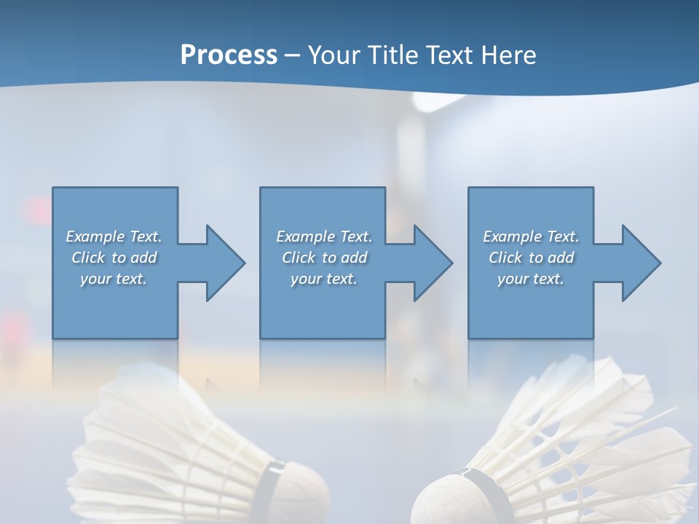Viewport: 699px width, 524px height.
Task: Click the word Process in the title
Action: tap(229, 55)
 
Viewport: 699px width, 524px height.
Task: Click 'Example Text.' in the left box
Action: tap(114, 237)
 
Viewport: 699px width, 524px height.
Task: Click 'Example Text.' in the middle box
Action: tap(324, 237)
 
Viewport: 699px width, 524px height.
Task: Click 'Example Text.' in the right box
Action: tap(531, 237)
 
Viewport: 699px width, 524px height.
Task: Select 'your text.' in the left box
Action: tap(114, 279)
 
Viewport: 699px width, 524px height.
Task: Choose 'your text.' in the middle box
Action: tap(324, 279)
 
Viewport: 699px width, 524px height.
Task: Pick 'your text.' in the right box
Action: tap(531, 279)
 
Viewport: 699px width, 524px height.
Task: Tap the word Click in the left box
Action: tap(88, 258)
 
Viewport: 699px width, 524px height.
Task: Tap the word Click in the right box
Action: tap(505, 258)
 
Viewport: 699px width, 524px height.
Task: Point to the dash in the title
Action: tap(293, 55)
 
